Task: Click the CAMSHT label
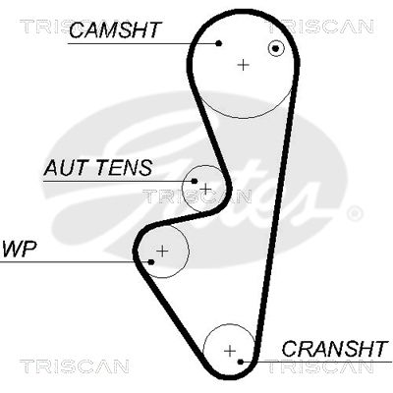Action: [x=116, y=29]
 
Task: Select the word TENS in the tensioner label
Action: [x=124, y=168]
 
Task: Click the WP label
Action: [x=19, y=250]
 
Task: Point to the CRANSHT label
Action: [x=335, y=349]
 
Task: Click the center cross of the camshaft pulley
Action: [x=243, y=65]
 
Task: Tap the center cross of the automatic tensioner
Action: [x=205, y=189]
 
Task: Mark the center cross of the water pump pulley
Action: [x=162, y=252]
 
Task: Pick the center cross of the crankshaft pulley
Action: [x=230, y=351]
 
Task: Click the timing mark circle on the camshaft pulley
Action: [x=276, y=49]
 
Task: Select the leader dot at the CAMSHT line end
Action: [x=219, y=43]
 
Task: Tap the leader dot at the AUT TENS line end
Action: [x=195, y=181]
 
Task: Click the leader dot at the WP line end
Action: [x=151, y=262]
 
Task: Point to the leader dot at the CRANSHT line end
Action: [x=241, y=362]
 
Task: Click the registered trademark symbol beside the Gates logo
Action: [x=354, y=214]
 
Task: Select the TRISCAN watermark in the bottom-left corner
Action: [x=75, y=366]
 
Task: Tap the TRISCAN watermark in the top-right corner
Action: [x=321, y=27]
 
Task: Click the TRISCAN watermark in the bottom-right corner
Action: [x=321, y=366]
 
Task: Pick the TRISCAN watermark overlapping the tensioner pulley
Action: [x=197, y=196]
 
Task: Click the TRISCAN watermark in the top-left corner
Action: [x=46, y=27]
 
